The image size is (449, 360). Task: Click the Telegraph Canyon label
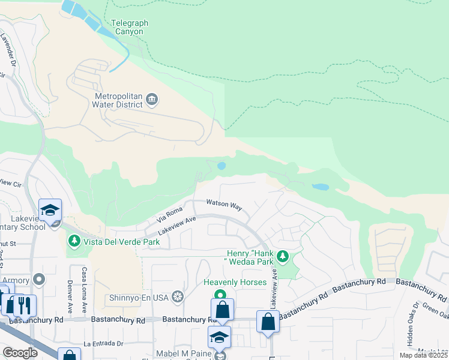[130, 28]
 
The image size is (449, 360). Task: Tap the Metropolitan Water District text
[118, 100]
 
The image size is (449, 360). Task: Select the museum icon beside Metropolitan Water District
[152, 99]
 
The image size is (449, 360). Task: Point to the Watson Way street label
[224, 205]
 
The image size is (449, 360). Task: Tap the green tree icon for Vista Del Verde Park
[74, 241]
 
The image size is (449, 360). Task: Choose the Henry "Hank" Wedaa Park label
[250, 257]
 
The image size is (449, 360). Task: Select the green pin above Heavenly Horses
[220, 295]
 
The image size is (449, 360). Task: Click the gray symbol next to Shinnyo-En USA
[177, 296]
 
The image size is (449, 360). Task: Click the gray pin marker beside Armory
[40, 280]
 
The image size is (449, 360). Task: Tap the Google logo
[20, 352]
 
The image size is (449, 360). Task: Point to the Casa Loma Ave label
[85, 283]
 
